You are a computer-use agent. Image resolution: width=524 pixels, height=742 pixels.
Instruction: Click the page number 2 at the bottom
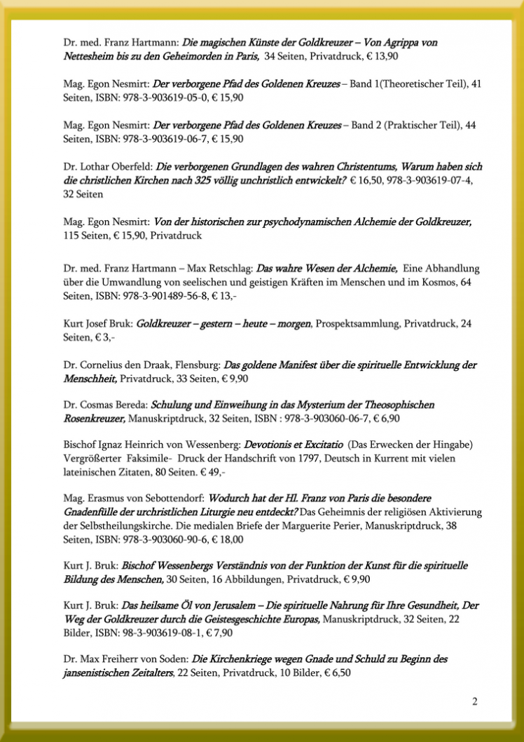click(x=475, y=701)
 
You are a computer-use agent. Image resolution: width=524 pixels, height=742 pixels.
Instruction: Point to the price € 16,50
click(x=368, y=180)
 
